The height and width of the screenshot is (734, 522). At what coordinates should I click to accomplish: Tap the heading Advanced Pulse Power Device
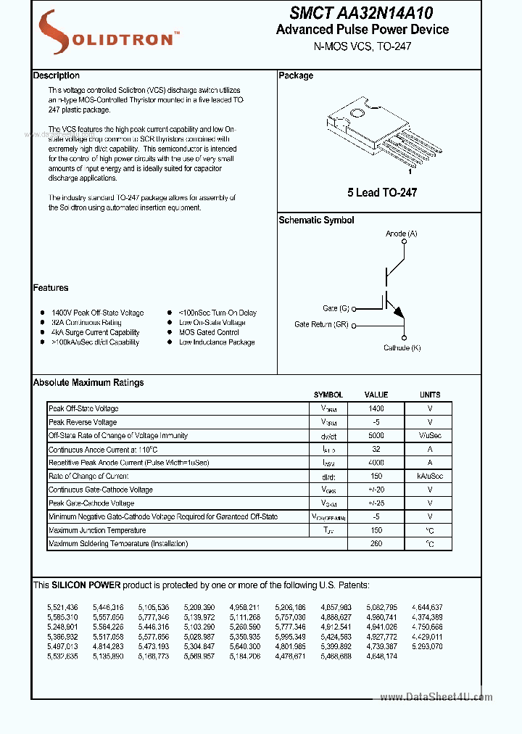click(x=362, y=30)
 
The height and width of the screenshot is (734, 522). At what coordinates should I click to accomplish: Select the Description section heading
click(x=57, y=75)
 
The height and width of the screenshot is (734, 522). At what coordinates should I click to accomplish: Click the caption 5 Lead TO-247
click(x=382, y=192)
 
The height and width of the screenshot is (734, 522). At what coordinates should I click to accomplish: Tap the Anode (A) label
click(x=401, y=234)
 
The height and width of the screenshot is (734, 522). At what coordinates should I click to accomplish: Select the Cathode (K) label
click(x=402, y=348)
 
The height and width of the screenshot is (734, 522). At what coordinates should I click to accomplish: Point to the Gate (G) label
click(x=336, y=308)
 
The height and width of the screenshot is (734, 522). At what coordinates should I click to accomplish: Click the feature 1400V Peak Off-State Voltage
click(x=97, y=313)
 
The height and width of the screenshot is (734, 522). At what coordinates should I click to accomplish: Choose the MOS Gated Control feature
click(x=209, y=332)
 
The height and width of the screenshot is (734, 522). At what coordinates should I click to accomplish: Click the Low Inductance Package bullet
click(x=217, y=342)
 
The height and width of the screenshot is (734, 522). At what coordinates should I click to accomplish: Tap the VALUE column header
click(x=376, y=395)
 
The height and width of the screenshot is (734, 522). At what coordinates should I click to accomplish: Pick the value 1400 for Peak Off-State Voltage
click(x=376, y=409)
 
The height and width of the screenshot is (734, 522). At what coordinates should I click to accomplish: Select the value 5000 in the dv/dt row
click(x=376, y=436)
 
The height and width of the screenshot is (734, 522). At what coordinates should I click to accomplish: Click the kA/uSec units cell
click(x=430, y=476)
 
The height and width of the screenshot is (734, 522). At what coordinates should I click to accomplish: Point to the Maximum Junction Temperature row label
click(x=96, y=530)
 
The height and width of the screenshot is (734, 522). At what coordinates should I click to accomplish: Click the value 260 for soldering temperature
click(x=376, y=543)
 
